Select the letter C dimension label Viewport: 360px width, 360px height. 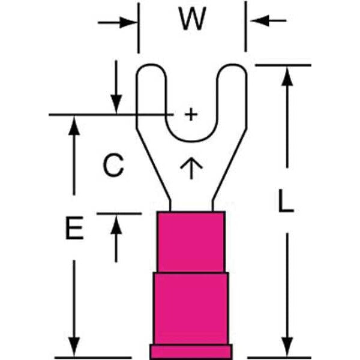112,165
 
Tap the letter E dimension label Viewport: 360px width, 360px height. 74,230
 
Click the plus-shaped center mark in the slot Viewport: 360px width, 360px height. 190,114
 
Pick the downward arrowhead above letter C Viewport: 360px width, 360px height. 116,104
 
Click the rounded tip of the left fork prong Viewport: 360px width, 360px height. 151,67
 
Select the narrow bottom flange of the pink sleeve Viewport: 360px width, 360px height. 191,352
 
